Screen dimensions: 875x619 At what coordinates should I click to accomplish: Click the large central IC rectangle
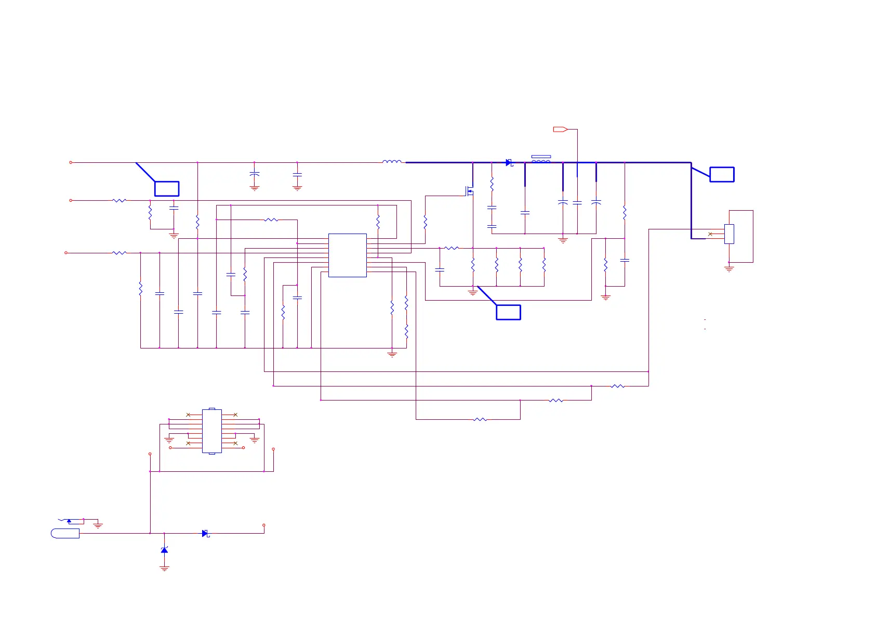pyautogui.click(x=347, y=255)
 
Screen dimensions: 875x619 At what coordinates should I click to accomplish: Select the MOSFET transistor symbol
pyautogui.click(x=470, y=191)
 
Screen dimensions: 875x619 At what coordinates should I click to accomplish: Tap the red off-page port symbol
pyautogui.click(x=560, y=129)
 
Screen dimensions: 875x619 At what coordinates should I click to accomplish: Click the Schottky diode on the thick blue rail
pyautogui.click(x=509, y=163)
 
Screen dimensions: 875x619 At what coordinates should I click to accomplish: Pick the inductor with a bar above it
pyautogui.click(x=541, y=160)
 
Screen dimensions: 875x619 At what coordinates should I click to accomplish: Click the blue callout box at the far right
pyautogui.click(x=722, y=175)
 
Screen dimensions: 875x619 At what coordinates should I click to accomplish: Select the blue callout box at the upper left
pyautogui.click(x=167, y=188)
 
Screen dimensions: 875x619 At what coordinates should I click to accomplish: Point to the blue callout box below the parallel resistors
pyautogui.click(x=508, y=312)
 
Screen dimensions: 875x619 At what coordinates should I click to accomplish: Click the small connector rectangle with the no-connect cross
pyautogui.click(x=729, y=234)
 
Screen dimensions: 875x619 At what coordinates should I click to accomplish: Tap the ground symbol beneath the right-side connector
pyautogui.click(x=729, y=269)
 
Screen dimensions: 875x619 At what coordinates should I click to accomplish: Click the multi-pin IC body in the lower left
pyautogui.click(x=211, y=431)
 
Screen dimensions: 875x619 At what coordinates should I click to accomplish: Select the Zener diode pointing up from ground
pyautogui.click(x=164, y=550)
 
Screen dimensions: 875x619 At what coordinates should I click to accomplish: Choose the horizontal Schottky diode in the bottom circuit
pyautogui.click(x=205, y=533)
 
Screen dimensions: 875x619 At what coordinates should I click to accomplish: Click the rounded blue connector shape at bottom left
pyautogui.click(x=65, y=533)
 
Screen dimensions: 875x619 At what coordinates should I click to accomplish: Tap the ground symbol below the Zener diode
pyautogui.click(x=164, y=569)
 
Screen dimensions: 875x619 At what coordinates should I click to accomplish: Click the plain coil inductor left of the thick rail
pyautogui.click(x=392, y=162)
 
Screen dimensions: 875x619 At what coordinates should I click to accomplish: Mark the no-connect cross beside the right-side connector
pyautogui.click(x=710, y=234)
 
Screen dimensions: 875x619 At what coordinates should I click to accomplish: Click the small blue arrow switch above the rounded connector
pyautogui.click(x=69, y=520)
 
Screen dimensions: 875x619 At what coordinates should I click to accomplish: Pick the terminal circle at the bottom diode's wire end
pyautogui.click(x=264, y=525)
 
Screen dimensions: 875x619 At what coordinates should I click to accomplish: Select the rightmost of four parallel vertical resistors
pyautogui.click(x=544, y=265)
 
